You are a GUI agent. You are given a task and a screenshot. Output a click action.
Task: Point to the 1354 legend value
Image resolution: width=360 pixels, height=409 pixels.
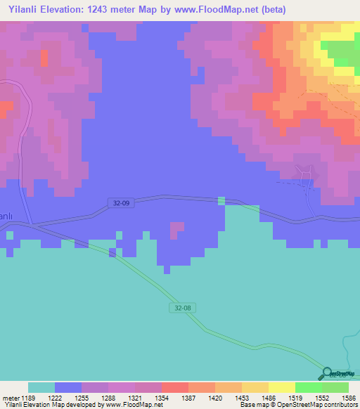(x=161, y=398)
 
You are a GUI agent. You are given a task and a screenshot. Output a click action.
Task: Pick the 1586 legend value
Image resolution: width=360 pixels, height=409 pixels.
(x=349, y=398)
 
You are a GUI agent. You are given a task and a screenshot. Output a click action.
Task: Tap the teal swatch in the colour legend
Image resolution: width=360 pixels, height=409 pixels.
(x=41, y=387)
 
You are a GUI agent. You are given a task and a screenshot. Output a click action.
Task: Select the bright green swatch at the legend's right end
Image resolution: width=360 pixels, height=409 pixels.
(x=335, y=387)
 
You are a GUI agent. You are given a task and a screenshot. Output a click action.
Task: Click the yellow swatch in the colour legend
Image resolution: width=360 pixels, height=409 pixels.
(x=281, y=387)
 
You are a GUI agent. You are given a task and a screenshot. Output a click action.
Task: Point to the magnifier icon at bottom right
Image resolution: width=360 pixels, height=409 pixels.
(x=326, y=374)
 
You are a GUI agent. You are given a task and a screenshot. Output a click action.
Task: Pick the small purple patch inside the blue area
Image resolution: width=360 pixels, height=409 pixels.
(x=176, y=229)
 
